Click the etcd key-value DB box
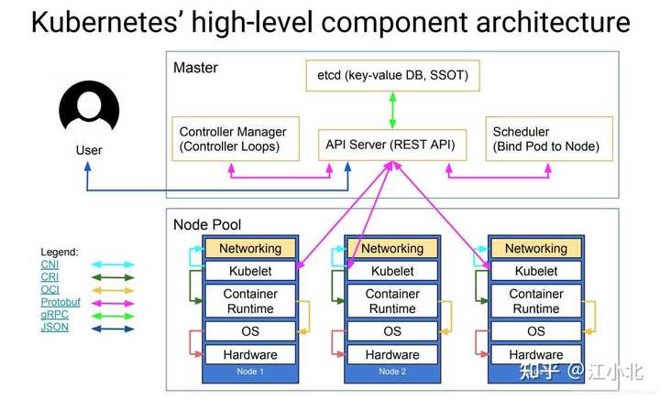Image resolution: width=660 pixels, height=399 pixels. click(391, 76)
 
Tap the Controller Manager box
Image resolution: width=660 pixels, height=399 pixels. click(237, 139)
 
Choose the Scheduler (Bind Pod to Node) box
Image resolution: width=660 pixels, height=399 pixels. click(546, 139)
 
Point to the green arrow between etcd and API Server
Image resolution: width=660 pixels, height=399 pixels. click(392, 109)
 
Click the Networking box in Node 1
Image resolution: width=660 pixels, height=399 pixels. click(249, 248)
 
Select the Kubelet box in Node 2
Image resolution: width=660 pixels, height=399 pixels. click(392, 271)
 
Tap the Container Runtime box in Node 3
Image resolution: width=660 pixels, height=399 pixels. click(536, 301)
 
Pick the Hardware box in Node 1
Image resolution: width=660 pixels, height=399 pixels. click(249, 354)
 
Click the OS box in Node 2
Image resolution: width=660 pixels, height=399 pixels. click(392, 331)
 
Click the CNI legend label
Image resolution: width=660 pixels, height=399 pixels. click(49, 264)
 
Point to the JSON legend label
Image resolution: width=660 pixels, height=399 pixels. click(54, 327)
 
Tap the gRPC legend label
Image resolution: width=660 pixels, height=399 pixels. click(54, 314)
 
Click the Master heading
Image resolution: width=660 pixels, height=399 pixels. click(195, 68)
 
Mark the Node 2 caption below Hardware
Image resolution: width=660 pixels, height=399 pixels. click(392, 372)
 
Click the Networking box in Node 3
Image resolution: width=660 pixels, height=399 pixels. click(536, 248)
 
